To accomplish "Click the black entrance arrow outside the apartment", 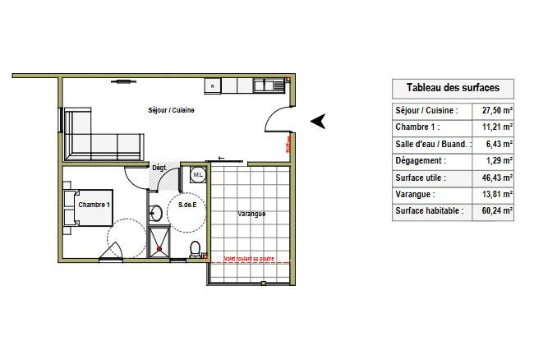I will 319,121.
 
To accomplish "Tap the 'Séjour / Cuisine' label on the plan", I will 171,111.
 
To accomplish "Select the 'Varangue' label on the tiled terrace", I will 251,214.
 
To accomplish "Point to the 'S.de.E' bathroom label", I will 186,205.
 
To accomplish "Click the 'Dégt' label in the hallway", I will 159,168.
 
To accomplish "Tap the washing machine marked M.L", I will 198,175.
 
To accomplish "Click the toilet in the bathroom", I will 195,248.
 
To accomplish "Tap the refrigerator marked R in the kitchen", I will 214,85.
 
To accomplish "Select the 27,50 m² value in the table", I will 496,110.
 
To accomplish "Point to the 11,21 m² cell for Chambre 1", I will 496,127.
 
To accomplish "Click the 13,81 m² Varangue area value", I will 496,194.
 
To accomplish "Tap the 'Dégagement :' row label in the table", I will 421,160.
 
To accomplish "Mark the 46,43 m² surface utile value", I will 496,178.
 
